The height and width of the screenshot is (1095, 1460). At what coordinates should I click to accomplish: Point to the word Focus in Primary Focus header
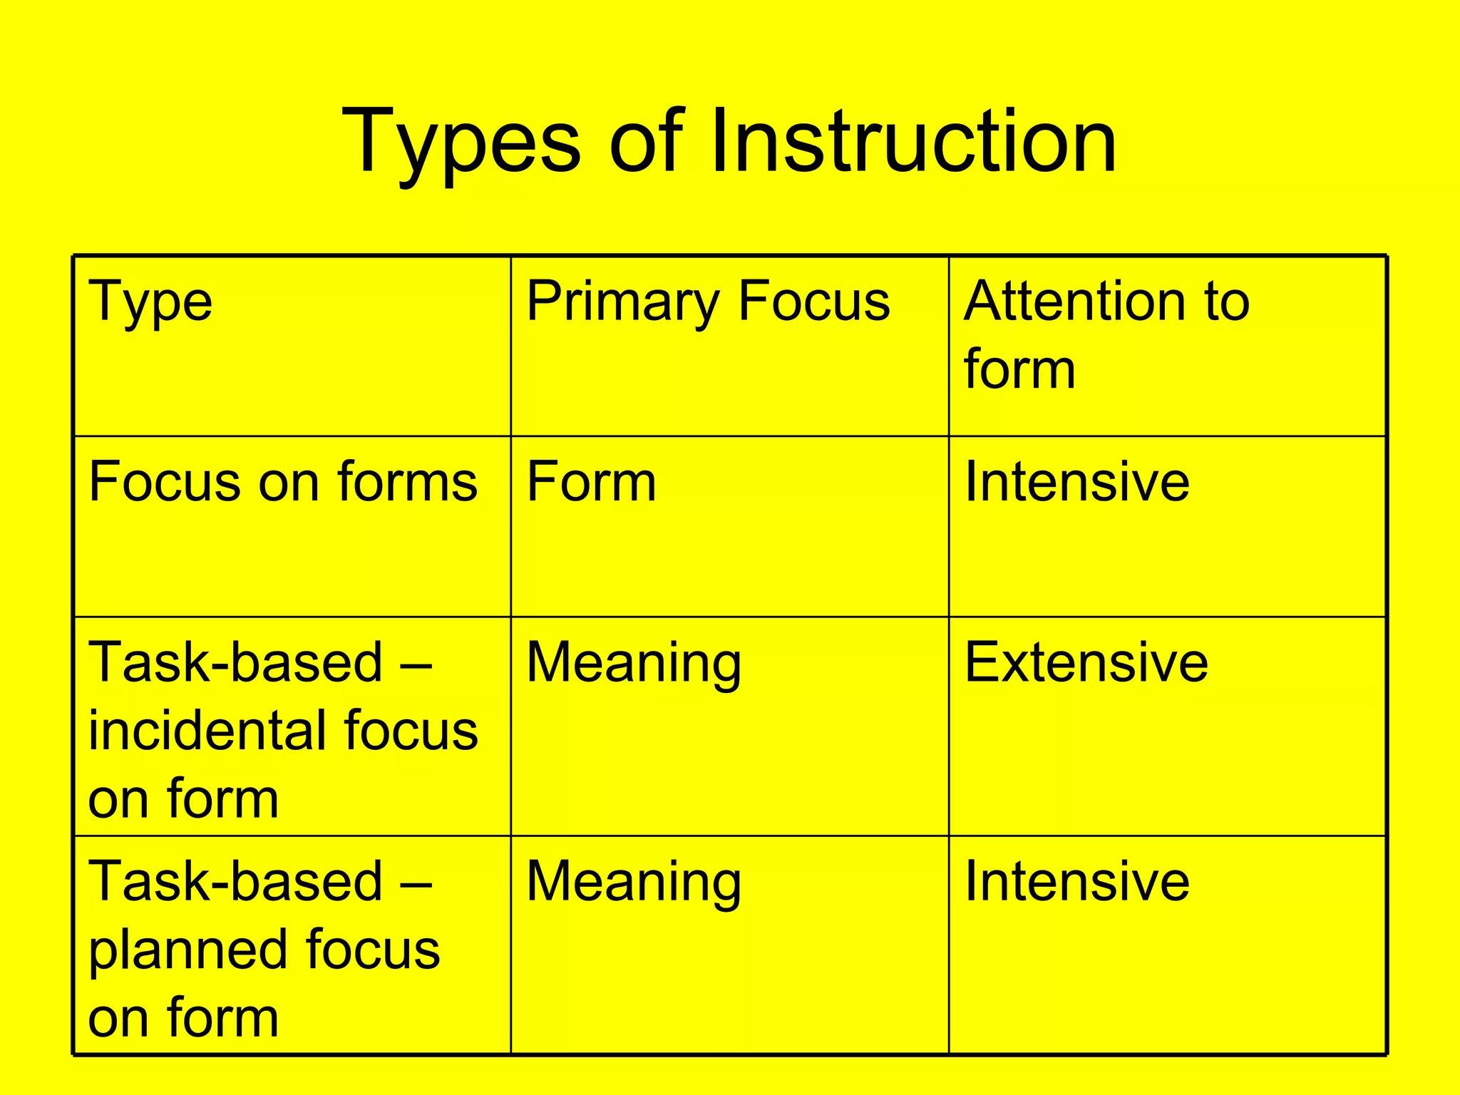[813, 301]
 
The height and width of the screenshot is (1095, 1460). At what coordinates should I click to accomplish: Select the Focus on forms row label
[282, 482]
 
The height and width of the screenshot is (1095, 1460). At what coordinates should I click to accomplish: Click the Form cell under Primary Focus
[591, 482]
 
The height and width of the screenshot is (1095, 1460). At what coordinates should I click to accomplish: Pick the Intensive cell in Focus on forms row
[1076, 482]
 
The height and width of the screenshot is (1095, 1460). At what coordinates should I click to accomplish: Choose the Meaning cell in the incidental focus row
[634, 663]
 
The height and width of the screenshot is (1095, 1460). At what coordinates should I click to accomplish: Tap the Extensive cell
[1086, 663]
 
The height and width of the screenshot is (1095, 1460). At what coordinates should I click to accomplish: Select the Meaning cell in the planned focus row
[634, 883]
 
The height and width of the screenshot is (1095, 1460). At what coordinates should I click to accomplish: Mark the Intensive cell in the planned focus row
[1076, 883]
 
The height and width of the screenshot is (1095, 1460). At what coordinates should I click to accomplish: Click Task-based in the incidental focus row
[236, 663]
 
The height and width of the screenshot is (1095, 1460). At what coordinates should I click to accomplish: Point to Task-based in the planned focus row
[236, 883]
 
